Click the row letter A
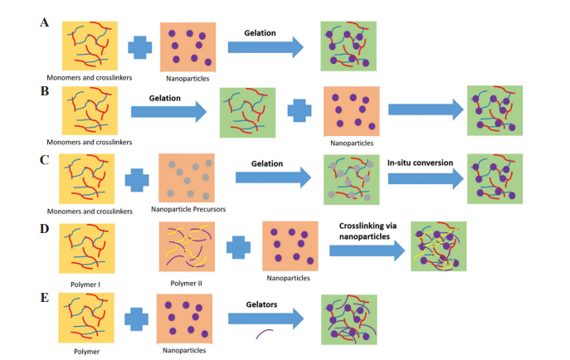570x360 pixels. click(x=44, y=22)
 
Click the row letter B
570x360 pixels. click(x=44, y=89)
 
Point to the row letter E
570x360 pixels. click(x=44, y=294)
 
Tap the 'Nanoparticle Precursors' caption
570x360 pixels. click(x=188, y=210)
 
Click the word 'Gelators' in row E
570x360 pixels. click(x=260, y=304)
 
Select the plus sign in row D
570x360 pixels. click(x=237, y=247)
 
